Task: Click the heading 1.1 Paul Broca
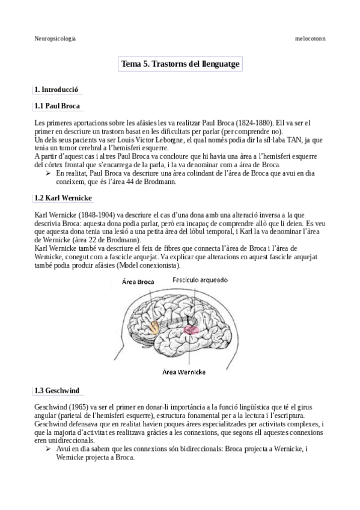tap(58, 106)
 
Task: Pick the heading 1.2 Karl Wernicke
tap(63, 198)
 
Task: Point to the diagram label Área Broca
tap(138, 281)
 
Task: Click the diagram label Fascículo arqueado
tap(197, 280)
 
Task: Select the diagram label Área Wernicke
tap(188, 371)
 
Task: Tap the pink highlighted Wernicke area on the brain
tap(192, 330)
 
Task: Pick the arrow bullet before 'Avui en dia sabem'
tap(48, 449)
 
